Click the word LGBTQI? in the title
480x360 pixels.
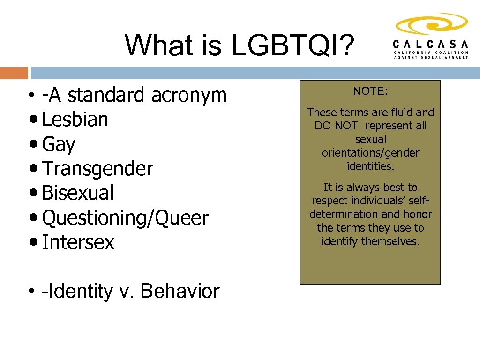[292, 45]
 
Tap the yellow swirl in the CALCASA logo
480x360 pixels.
[431, 24]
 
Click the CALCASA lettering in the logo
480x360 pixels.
[430, 44]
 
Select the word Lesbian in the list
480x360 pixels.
[75, 120]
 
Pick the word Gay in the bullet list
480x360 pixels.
[59, 145]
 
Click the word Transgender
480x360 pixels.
[97, 169]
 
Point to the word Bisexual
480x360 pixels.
[78, 193]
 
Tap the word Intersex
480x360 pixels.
[78, 242]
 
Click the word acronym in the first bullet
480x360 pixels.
[188, 95]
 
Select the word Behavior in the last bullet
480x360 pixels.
[180, 291]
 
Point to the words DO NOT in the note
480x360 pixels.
[336, 126]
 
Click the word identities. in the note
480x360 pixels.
[370, 166]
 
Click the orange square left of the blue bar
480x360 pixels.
[14, 73]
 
